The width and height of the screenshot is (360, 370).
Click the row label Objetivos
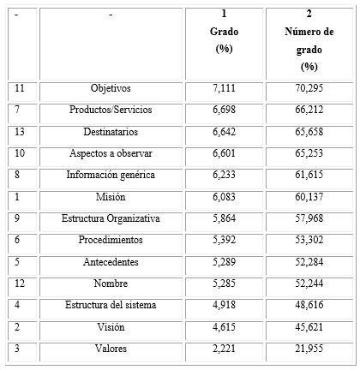(x=111, y=88)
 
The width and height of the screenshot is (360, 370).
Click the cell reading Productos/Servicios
(x=111, y=110)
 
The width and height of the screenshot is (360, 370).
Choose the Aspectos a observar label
(x=111, y=153)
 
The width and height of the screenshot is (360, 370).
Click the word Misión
(x=111, y=196)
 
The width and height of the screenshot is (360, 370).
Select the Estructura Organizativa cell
(x=111, y=218)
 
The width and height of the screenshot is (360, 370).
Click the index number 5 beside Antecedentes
(x=19, y=261)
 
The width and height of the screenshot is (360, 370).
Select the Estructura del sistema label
(x=111, y=305)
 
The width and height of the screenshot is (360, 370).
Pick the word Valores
(x=111, y=349)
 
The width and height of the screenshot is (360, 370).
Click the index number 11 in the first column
(x=21, y=88)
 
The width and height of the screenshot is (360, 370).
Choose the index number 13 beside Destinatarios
(x=21, y=132)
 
